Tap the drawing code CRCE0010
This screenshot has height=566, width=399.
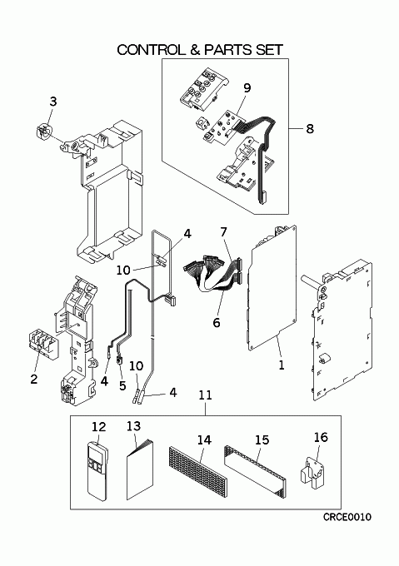[347, 517]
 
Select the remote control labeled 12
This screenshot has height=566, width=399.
[97, 470]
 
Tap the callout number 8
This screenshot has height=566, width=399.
[310, 128]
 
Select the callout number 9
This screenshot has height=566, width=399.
[247, 88]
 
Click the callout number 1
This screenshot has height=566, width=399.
[282, 365]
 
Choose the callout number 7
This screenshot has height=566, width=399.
[224, 232]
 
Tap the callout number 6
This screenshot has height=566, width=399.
[217, 322]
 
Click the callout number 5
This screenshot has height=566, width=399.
[122, 386]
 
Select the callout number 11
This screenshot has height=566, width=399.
[206, 395]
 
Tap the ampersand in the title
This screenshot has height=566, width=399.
[194, 50]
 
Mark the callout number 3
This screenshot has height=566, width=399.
[53, 102]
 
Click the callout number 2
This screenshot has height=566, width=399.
[34, 380]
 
